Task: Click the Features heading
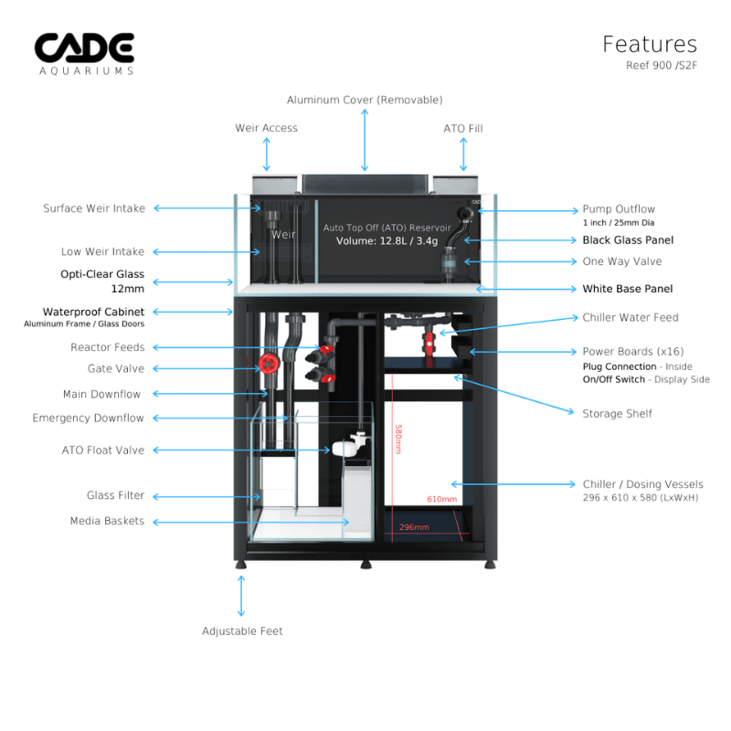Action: tap(649, 44)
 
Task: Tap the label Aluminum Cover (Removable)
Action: tap(365, 100)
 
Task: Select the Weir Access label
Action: tap(266, 128)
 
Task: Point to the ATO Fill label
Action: tap(463, 129)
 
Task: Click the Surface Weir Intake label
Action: tap(94, 208)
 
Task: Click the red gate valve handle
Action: tap(268, 365)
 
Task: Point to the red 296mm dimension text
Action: tap(414, 527)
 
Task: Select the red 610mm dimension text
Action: tap(441, 499)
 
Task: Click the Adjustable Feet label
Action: tap(242, 631)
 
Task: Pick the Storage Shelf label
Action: tap(618, 414)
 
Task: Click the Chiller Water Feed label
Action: tap(630, 318)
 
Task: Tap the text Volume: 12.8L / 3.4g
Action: tap(387, 242)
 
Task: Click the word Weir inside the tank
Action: tap(283, 235)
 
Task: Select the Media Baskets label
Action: tap(107, 521)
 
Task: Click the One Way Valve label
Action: tap(622, 261)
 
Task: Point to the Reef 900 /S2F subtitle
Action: tap(661, 65)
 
